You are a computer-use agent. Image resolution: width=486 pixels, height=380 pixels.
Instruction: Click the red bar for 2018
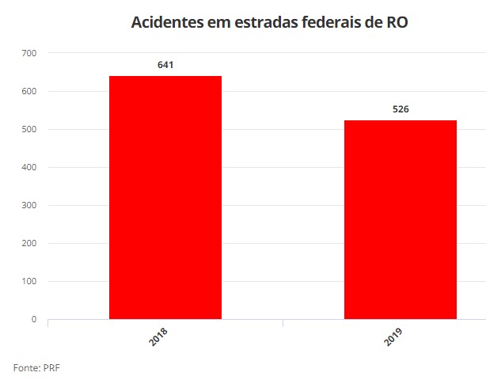tap(165, 198)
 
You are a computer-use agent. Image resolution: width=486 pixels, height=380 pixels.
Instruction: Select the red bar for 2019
tap(401, 220)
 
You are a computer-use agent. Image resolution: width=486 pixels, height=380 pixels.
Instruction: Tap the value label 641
tap(165, 64)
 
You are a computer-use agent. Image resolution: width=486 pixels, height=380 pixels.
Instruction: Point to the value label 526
tap(401, 109)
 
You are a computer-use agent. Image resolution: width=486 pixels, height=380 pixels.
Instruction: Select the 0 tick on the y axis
tap(34, 320)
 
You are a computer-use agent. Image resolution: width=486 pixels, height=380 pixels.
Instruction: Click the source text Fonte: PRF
tap(36, 367)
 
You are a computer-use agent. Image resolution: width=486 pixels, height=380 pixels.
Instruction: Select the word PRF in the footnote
tap(51, 367)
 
